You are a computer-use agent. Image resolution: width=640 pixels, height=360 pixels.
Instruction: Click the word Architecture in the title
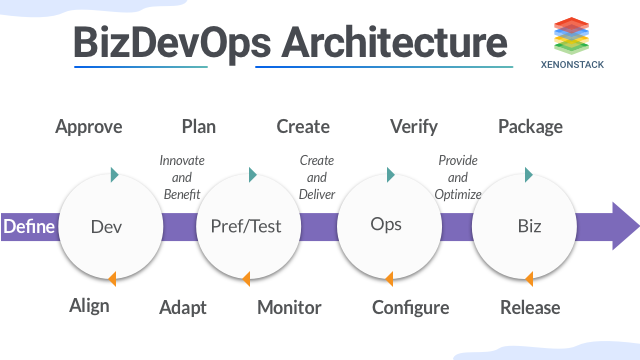point(394,43)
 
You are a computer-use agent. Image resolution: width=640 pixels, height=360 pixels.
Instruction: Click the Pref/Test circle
point(246,226)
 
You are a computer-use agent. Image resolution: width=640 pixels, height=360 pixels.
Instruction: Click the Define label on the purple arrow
point(29,226)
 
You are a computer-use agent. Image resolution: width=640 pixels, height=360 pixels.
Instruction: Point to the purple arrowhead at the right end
point(624,225)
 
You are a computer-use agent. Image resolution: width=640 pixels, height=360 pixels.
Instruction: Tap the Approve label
point(89,126)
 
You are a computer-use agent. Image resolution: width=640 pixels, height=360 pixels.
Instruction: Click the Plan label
point(198,126)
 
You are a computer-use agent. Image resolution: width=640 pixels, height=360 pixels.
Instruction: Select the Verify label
point(415,126)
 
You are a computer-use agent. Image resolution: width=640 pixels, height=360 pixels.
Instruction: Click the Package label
point(530,126)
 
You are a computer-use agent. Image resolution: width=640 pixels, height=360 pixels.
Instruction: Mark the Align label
point(89,306)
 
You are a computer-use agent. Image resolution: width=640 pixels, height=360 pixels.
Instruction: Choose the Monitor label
point(289,307)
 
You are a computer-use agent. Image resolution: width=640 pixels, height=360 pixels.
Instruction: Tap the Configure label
point(410,307)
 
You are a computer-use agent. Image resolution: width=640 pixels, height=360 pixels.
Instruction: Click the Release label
point(530,306)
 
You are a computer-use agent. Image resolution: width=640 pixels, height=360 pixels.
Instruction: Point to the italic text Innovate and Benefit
point(181,177)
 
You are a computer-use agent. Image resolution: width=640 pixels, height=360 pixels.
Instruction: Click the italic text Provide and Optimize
point(459,177)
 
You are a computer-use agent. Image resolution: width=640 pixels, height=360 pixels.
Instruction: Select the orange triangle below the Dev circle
point(113,278)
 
